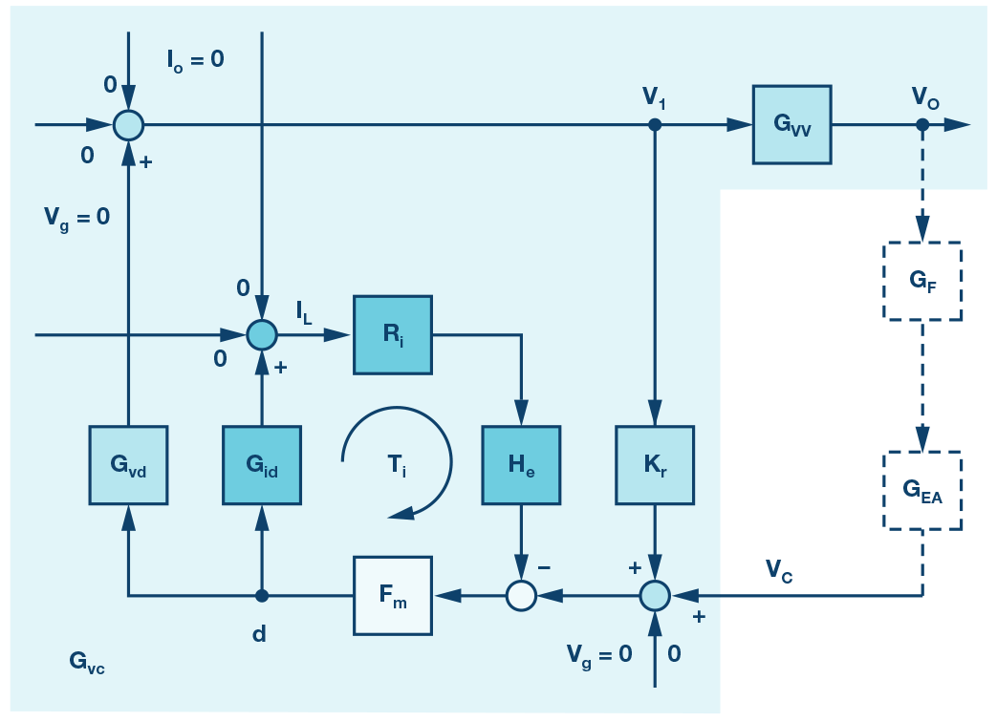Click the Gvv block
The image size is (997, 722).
click(791, 124)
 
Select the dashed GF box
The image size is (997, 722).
click(921, 282)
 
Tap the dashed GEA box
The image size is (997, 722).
click(921, 491)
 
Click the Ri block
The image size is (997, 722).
click(392, 334)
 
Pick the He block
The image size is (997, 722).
click(520, 465)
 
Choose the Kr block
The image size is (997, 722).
click(655, 465)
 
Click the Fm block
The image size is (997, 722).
click(392, 596)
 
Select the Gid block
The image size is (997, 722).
click(261, 465)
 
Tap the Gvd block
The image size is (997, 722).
click(128, 465)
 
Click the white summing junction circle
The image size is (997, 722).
click(520, 596)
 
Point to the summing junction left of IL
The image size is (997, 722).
click(261, 334)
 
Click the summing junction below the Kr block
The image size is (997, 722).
click(655, 596)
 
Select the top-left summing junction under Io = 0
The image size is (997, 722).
click(128, 124)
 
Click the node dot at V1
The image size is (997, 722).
click(655, 124)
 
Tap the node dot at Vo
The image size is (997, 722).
click(921, 124)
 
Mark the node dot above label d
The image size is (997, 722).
click(261, 596)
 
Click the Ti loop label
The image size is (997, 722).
click(396, 465)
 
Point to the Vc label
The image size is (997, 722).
click(778, 570)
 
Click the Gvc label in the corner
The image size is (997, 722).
click(86, 662)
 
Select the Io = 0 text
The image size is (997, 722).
click(195, 59)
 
